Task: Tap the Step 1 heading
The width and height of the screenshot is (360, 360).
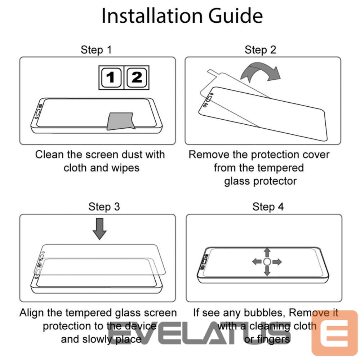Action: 96,50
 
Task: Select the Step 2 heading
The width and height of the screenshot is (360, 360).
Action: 260,50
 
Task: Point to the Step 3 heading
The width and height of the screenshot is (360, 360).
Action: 104,206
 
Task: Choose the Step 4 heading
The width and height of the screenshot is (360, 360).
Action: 268,206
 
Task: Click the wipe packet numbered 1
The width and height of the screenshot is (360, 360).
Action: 111,77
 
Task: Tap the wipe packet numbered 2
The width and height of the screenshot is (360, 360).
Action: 137,77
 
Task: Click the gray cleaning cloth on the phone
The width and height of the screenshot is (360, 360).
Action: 121,121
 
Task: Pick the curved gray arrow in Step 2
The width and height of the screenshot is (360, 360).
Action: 261,71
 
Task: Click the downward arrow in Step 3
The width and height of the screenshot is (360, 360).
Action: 100,229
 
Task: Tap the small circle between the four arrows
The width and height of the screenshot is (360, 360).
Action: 267,262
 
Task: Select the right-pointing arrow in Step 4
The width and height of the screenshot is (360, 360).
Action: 277,262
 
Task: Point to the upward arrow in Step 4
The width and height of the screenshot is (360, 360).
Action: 267,252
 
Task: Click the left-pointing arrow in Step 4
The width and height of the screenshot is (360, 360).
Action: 257,262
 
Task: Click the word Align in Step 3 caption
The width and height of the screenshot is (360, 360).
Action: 32,313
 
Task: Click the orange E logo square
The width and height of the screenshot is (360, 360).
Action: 334,333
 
